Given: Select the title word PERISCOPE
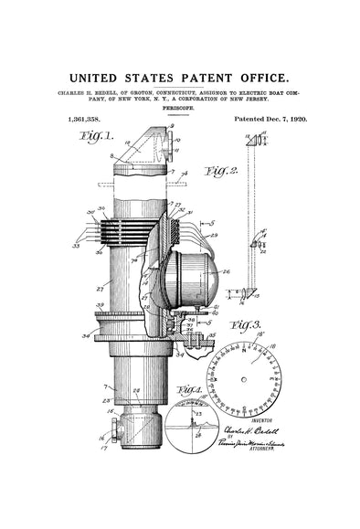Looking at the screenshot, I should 179,108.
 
